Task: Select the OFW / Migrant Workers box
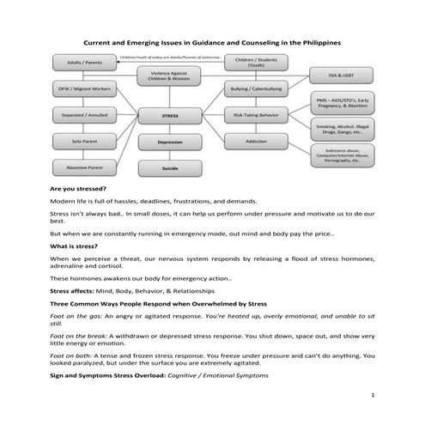click(79, 88)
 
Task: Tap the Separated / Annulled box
click(79, 113)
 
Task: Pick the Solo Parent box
click(79, 140)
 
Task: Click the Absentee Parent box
click(79, 166)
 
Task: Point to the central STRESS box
click(170, 113)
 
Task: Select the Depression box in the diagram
click(170, 141)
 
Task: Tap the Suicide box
click(170, 168)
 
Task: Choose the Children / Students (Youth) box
click(256, 62)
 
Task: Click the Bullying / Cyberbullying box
click(256, 88)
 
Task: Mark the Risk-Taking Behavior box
click(256, 113)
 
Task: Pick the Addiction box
click(256, 140)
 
